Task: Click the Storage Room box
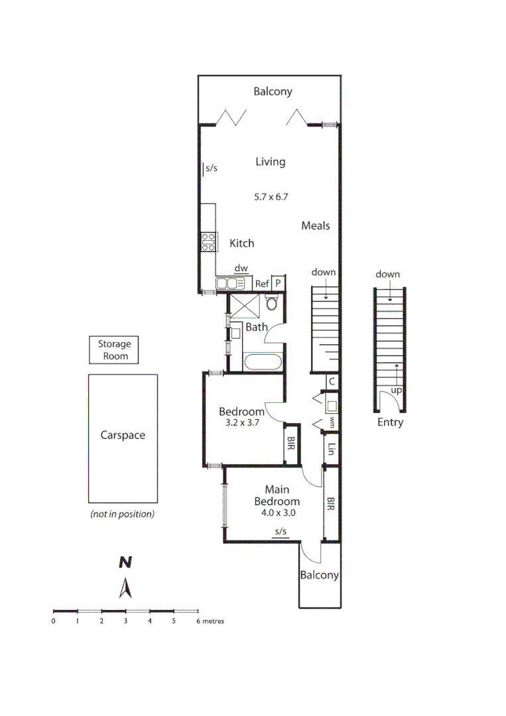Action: (x=115, y=350)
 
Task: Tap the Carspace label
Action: (x=123, y=436)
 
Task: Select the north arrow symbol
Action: (x=124, y=588)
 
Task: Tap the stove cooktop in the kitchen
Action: (x=208, y=241)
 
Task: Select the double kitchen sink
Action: (x=230, y=284)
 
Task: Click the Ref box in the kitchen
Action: (x=263, y=284)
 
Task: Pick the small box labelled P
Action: (x=279, y=283)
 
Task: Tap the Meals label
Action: (x=315, y=225)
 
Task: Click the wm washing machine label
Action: (x=331, y=421)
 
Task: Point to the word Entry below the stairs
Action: (x=390, y=422)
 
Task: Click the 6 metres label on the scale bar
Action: (x=210, y=621)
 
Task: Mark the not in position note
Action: (x=123, y=514)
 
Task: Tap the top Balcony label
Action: (x=273, y=91)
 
